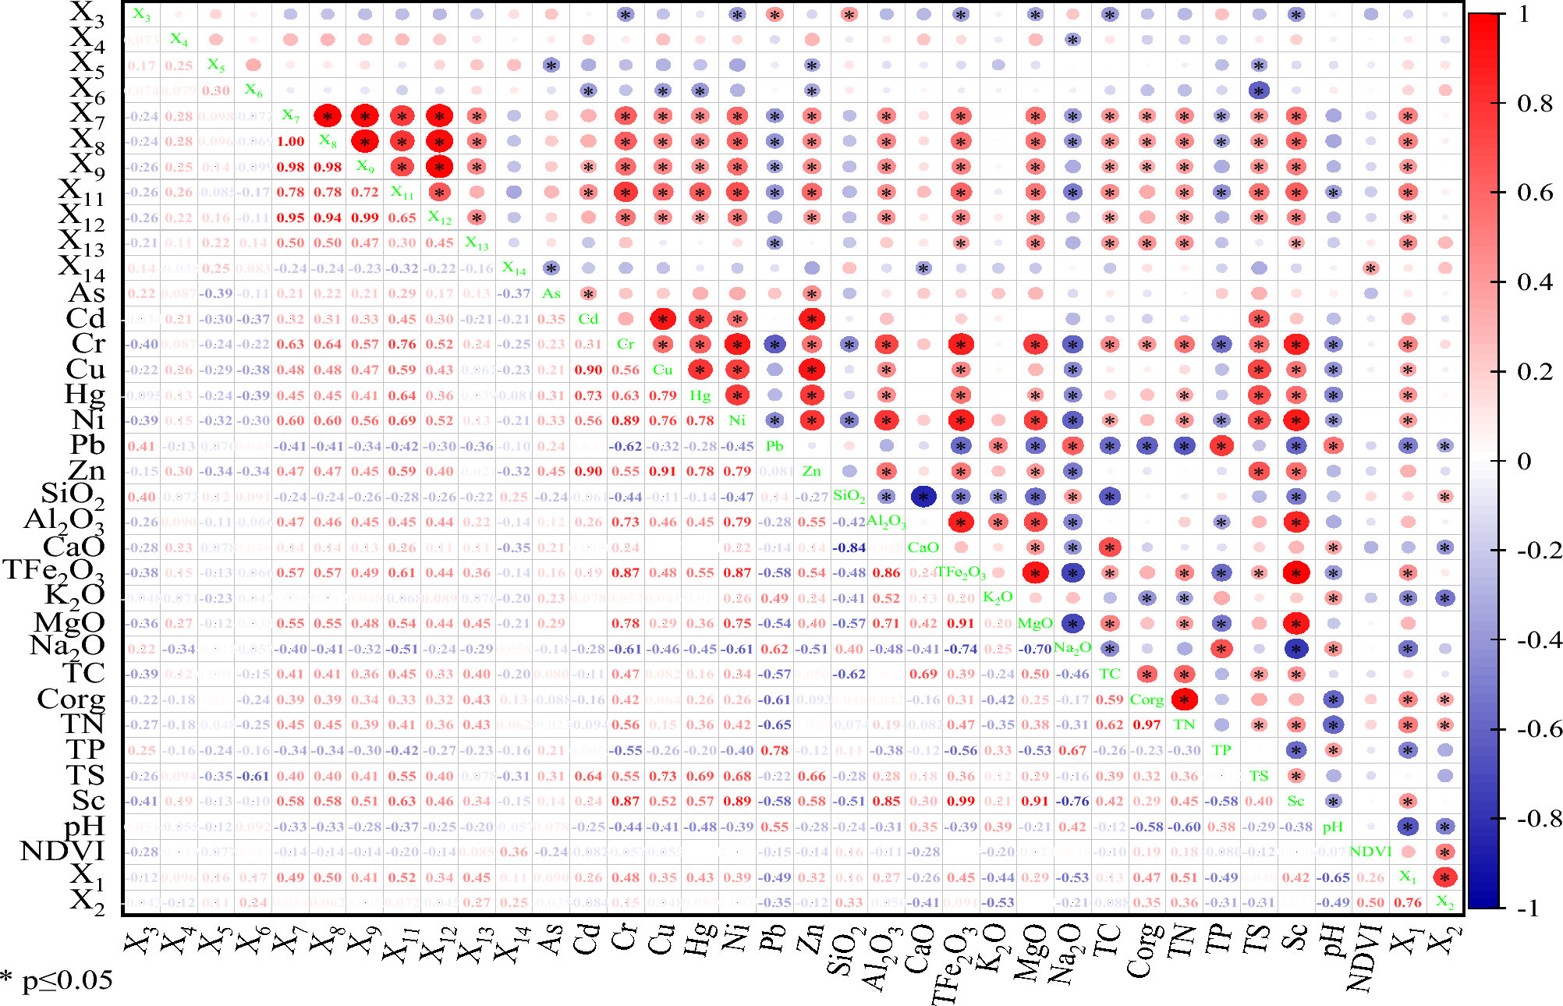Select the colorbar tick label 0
[1523, 461]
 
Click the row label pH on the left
[84, 826]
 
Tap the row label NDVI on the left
[62, 851]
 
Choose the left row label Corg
[71, 699]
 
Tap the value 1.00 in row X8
[290, 141]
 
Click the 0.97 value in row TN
[1147, 724]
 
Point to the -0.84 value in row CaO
[849, 547]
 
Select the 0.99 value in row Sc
[961, 801]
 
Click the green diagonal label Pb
[774, 446]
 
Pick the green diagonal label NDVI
[1370, 852]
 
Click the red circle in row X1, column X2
[1444, 877]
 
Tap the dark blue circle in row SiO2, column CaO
[923, 497]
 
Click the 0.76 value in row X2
[1407, 902]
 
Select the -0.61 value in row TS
[253, 776]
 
